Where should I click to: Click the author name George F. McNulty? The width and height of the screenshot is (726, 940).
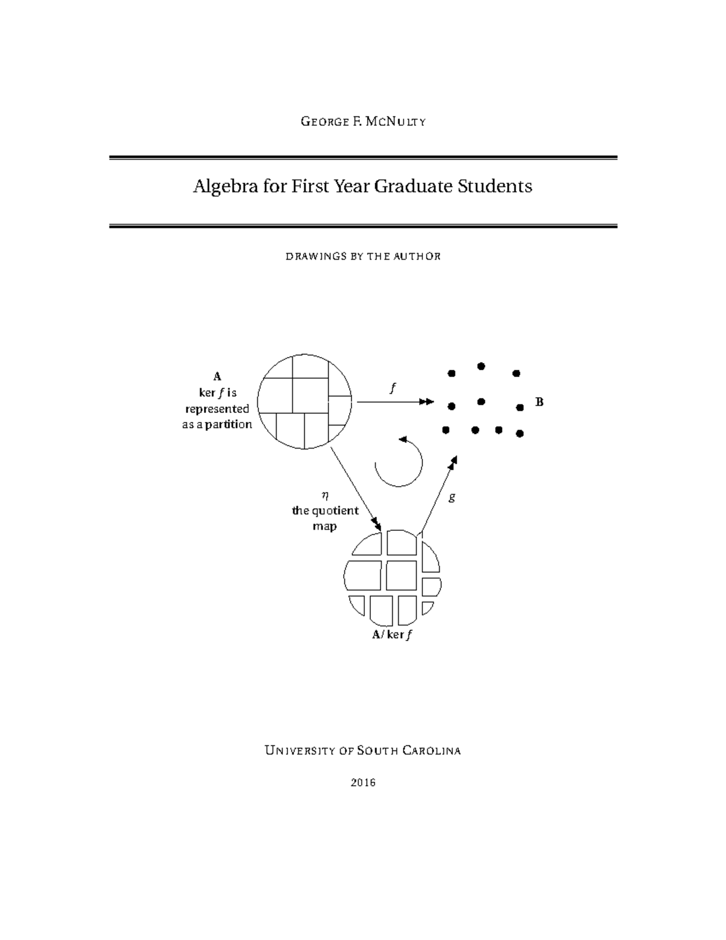(363, 122)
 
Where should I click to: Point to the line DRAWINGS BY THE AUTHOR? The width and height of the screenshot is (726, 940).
(363, 256)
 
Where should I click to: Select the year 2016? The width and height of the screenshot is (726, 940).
(363, 782)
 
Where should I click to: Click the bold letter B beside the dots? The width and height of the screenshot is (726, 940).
(540, 401)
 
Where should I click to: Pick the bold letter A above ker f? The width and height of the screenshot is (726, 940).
(217, 376)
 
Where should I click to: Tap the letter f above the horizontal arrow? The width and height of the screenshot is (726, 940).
(393, 388)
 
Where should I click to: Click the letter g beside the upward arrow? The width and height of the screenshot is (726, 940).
(451, 498)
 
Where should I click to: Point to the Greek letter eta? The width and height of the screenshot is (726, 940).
(325, 495)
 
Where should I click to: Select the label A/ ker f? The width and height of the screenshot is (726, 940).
(393, 635)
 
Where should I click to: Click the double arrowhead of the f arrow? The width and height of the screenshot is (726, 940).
(427, 401)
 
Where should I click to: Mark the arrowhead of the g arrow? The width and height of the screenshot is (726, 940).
(453, 462)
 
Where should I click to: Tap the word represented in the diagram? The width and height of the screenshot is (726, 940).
(217, 409)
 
